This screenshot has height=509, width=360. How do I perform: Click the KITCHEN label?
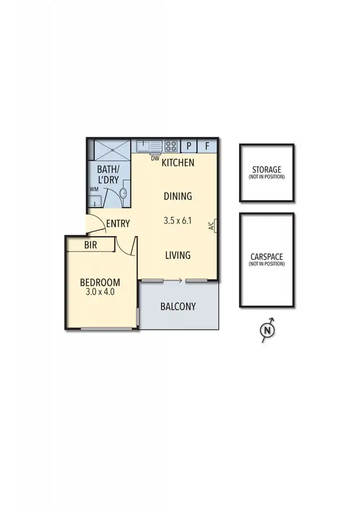tap(178, 163)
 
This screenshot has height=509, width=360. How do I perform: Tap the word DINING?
tap(178, 196)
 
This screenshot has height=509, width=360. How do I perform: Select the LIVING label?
tap(178, 255)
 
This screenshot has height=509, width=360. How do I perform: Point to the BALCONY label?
tap(178, 306)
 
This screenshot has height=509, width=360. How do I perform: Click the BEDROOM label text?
tap(100, 282)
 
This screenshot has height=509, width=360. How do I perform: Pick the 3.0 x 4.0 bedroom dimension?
tap(100, 292)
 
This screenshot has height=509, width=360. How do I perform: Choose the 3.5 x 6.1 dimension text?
tap(178, 221)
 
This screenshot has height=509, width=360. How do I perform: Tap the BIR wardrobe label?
tap(90, 245)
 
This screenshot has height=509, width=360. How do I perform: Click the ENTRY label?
tap(118, 224)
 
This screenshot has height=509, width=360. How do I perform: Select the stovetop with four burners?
tap(171, 146)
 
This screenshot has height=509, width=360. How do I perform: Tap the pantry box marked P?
tap(189, 146)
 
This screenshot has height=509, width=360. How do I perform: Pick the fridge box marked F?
tap(207, 146)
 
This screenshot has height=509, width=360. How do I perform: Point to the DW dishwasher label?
tap(155, 158)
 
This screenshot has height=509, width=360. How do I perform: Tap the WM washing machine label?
tap(93, 189)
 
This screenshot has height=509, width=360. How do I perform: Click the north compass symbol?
tap(268, 330)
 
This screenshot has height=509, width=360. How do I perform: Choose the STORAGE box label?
tap(267, 170)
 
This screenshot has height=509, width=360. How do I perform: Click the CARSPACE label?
tap(267, 257)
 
